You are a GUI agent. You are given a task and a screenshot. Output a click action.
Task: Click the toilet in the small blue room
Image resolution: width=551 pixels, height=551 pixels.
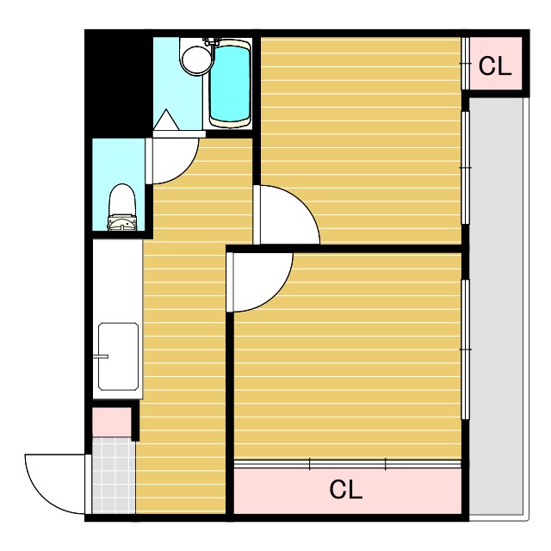[122, 207]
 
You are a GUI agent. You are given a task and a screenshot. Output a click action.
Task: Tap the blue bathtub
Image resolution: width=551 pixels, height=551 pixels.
[230, 84]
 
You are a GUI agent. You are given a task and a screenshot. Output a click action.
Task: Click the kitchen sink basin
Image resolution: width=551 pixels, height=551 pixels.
[118, 356]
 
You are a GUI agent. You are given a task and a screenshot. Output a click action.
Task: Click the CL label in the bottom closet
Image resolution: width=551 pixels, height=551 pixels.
[346, 490]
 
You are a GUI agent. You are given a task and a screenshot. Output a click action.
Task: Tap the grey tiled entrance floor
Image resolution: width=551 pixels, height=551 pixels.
[114, 475]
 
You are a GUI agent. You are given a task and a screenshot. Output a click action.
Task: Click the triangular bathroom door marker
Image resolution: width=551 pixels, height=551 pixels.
[166, 121]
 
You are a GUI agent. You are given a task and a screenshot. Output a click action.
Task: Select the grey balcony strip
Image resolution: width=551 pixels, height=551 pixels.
[496, 306]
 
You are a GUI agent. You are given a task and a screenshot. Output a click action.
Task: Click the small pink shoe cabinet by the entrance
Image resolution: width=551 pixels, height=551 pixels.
[112, 422]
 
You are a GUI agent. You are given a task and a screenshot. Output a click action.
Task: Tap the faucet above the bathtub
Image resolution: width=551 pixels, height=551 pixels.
[212, 42]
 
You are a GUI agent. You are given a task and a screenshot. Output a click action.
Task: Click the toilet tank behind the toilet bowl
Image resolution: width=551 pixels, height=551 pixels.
[121, 223]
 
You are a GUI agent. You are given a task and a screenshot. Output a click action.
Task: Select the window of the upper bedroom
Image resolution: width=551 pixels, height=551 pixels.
[465, 167]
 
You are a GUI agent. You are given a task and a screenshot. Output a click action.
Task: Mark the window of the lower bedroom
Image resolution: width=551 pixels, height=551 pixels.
[465, 350]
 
